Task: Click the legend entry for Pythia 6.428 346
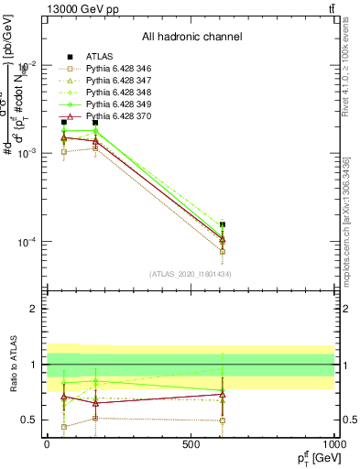click(106, 69)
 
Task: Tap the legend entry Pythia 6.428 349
click(106, 105)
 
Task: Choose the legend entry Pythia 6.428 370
click(106, 117)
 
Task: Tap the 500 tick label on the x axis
click(191, 443)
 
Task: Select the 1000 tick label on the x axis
click(333, 443)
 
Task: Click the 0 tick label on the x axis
click(47, 443)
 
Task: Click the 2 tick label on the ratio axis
click(35, 309)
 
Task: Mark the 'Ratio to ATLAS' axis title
click(14, 364)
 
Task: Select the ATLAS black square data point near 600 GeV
click(222, 224)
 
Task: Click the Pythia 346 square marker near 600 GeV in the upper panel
click(222, 251)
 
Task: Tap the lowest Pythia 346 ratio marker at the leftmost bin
click(63, 427)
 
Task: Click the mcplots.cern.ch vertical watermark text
click(354, 211)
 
